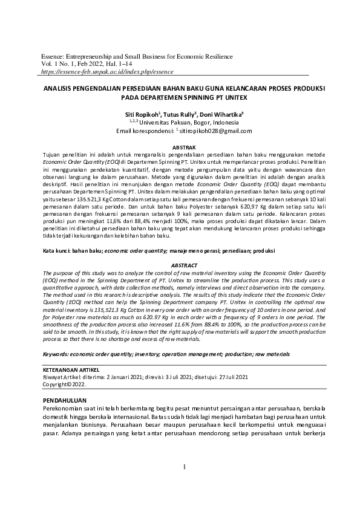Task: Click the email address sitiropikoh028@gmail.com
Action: (x=215, y=131)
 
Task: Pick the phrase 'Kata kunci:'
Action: (x=59, y=250)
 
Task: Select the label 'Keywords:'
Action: (x=59, y=354)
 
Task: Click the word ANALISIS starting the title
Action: (x=58, y=88)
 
